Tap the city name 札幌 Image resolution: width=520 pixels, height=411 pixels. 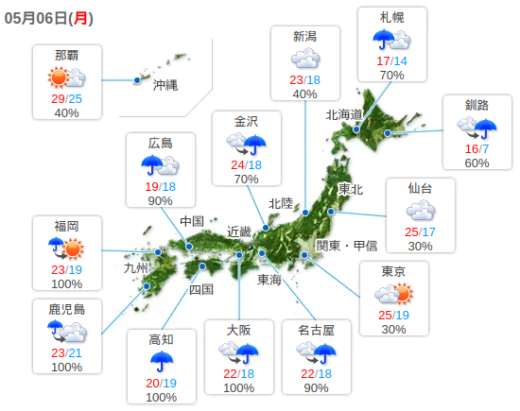392,18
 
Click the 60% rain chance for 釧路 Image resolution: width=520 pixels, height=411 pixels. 477,163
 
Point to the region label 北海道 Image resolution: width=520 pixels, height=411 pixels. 344,114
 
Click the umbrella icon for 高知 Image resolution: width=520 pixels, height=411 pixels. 162,361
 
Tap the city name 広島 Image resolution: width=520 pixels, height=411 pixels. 161,144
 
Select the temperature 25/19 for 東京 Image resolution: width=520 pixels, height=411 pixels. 394,315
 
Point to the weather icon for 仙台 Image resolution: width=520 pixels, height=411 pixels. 421,211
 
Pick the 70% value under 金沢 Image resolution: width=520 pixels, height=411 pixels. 246,179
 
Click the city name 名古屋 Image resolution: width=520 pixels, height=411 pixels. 318,330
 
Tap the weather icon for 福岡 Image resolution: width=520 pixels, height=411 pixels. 67,248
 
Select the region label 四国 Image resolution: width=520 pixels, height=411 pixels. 201,289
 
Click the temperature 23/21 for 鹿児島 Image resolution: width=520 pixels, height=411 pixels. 67,352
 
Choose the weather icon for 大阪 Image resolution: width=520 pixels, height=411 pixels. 239,352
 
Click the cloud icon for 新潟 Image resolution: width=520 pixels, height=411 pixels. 304,60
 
